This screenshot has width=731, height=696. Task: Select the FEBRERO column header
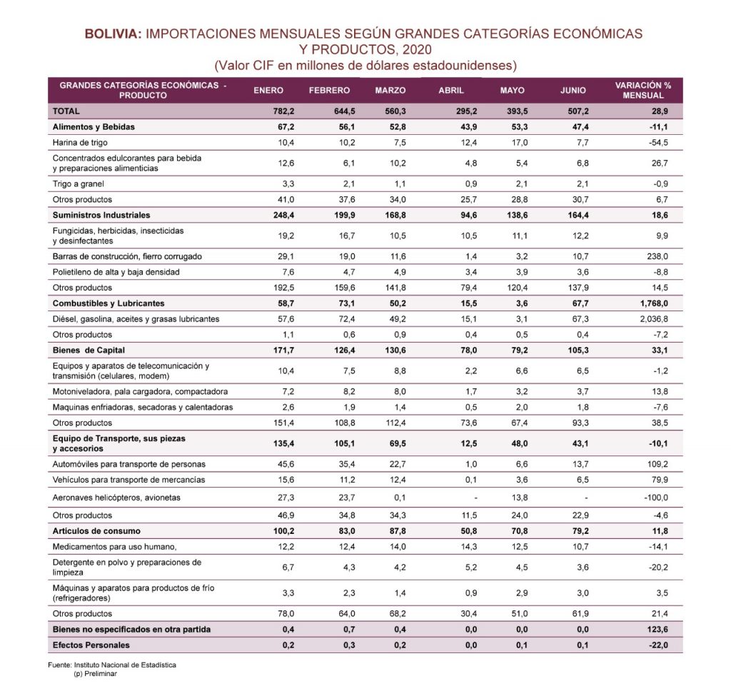329,91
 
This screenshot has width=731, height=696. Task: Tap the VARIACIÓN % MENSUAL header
643,91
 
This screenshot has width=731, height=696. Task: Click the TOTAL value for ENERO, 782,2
283,111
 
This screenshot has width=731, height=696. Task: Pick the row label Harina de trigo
80,143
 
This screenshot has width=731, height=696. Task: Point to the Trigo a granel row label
78,184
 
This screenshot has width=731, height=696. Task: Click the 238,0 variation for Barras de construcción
657,256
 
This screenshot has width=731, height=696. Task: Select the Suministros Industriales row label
101,216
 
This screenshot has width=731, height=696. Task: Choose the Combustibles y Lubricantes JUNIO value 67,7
580,303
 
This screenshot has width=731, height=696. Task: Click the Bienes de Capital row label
89,350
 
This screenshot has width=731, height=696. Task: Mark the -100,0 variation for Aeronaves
656,498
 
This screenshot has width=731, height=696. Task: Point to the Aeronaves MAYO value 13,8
520,498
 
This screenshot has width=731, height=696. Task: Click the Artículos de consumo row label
96,531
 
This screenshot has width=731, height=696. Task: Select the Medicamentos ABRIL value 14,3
469,547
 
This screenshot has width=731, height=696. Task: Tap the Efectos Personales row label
91,645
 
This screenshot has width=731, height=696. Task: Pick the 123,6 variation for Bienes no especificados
657,630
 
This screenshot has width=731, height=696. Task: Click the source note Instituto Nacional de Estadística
125,665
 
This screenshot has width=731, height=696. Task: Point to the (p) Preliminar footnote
95,674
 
